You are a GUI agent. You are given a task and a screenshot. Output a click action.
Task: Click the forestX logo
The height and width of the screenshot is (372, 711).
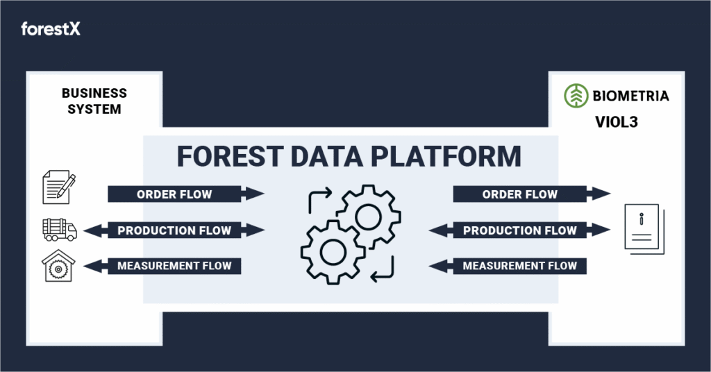pos(50,29)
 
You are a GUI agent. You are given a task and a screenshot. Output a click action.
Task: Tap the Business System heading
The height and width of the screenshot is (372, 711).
pos(94,101)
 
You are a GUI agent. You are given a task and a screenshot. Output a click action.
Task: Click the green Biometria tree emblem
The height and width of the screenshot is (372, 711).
pos(576,96)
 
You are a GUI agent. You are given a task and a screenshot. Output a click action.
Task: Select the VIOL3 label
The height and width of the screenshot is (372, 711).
pos(617,122)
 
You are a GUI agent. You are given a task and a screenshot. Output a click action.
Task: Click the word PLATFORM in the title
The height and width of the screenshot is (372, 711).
pos(446,156)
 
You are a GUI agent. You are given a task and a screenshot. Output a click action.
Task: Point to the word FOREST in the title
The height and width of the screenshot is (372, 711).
pos(230,156)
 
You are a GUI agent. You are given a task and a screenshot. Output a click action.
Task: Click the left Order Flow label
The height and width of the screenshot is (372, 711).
pos(174,194)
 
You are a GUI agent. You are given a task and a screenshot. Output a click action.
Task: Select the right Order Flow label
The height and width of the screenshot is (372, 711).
pos(519,194)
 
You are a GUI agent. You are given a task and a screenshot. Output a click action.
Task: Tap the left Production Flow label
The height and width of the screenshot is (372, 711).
pos(174,230)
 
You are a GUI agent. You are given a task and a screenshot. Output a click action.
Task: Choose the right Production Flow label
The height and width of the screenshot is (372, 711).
pos(519,230)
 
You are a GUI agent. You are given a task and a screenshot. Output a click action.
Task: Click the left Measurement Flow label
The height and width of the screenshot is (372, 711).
pos(174,266)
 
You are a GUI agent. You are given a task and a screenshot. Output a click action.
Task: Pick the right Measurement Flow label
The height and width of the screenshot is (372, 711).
pos(519,266)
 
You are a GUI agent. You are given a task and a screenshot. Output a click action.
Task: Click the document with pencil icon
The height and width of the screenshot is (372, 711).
pos(59,187)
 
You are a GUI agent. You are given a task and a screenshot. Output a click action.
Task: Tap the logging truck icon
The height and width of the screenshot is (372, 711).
pos(60,230)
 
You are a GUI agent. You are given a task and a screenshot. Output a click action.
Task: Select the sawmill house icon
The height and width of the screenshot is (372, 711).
pos(58,266)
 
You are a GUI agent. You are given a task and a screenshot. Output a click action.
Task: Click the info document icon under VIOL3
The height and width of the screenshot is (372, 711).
pos(644,229)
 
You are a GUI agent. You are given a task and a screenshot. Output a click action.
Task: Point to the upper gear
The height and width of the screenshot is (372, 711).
pos(368,216)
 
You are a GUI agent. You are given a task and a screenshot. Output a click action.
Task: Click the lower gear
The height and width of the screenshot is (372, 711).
pos(333,252)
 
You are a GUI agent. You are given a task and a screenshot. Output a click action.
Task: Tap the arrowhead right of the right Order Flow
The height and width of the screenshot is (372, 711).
pos(599,194)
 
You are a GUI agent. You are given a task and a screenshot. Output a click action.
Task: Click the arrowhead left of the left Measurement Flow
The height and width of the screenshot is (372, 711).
pos(95,266)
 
